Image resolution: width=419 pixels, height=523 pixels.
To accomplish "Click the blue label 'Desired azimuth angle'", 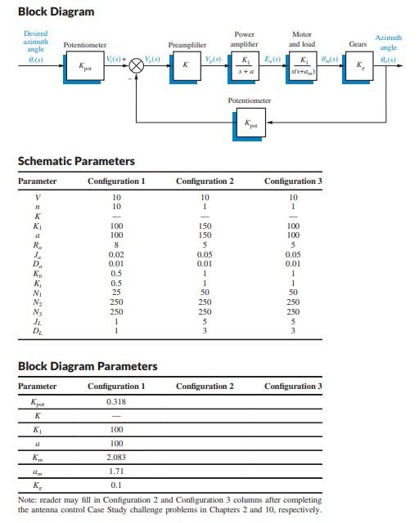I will pyautogui.click(x=35, y=41).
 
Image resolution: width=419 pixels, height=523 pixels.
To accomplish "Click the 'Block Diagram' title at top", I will pyautogui.click(x=56, y=11).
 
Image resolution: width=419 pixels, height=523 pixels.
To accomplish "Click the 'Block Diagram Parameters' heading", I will pyautogui.click(x=88, y=366).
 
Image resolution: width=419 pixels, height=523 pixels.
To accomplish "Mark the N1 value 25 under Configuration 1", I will pyautogui.click(x=116, y=292).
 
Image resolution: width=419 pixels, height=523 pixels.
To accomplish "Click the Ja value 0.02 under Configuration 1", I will pyautogui.click(x=116, y=255).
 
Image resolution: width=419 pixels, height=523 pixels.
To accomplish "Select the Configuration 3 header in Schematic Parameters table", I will pyautogui.click(x=293, y=181).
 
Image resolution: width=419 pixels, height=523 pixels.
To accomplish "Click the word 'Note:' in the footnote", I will pyautogui.click(x=29, y=498).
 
